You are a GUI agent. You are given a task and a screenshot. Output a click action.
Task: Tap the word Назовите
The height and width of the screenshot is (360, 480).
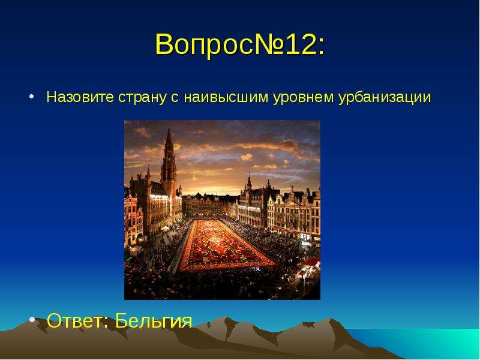80,97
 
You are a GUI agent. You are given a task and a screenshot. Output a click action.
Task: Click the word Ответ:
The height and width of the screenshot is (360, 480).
78,320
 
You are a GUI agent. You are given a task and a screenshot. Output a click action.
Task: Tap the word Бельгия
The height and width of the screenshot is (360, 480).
154,320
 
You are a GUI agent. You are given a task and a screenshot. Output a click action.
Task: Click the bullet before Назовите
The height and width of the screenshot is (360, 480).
31,97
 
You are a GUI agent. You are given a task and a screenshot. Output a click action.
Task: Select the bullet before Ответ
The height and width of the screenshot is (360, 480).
32,320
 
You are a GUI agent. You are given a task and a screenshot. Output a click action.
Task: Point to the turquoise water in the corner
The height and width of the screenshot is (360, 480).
428,343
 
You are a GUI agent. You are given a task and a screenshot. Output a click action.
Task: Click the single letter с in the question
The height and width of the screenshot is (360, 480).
175,99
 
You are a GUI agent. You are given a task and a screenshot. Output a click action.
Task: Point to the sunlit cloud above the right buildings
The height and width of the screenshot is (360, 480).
288,147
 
